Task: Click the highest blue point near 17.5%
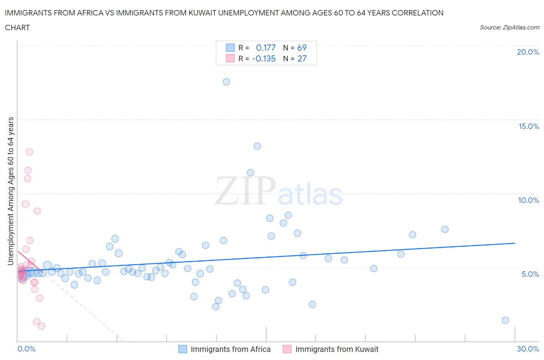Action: pyautogui.click(x=226, y=82)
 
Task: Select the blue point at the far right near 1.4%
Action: pyautogui.click(x=505, y=320)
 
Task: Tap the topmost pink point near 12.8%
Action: pyautogui.click(x=29, y=152)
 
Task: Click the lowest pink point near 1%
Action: pyautogui.click(x=41, y=326)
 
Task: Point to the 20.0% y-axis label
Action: pyautogui.click(x=528, y=52)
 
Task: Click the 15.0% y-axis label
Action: pyautogui.click(x=529, y=126)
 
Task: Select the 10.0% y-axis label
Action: pyautogui.click(x=529, y=200)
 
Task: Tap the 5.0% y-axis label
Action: pyautogui.click(x=530, y=274)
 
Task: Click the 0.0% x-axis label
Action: pyautogui.click(x=26, y=349)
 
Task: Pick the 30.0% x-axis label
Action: pyautogui.click(x=528, y=349)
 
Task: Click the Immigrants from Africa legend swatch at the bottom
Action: pyautogui.click(x=183, y=349)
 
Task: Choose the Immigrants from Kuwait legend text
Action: pyautogui.click(x=337, y=349)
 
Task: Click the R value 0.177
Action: pyautogui.click(x=266, y=48)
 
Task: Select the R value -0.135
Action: pyautogui.click(x=264, y=58)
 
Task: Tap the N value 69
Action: pyautogui.click(x=302, y=48)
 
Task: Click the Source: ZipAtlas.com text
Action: pyautogui.click(x=509, y=27)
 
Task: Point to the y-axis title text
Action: pyautogui.click(x=11, y=191)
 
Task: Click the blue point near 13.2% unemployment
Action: pyautogui.click(x=257, y=146)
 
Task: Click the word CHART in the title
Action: pyautogui.click(x=17, y=27)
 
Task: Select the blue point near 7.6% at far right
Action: pyautogui.click(x=445, y=229)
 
